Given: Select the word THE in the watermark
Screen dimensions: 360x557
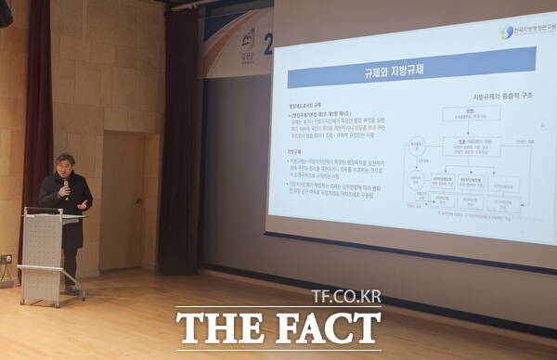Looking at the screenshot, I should [x=224, y=329].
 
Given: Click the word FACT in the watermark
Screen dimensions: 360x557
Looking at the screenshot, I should [x=326, y=329].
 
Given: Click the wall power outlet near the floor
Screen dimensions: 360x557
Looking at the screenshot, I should [x=6, y=259].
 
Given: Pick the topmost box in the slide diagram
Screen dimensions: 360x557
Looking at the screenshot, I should [x=470, y=113].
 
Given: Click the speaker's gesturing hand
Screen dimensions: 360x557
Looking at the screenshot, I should [x=83, y=203].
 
